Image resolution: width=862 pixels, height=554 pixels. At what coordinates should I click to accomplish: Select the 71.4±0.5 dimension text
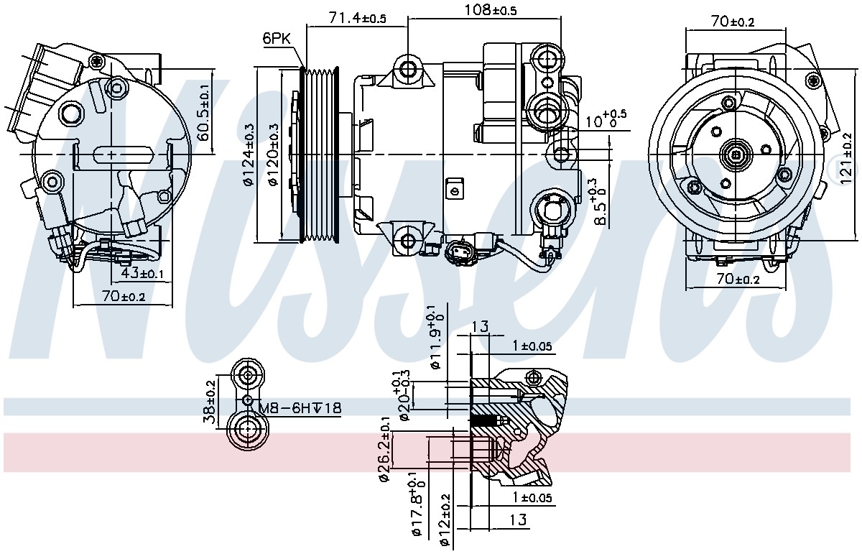point(358,18)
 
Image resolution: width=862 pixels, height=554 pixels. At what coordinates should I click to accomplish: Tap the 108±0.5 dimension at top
point(490,9)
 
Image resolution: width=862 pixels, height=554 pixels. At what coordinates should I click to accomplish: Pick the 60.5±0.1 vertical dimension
point(204,112)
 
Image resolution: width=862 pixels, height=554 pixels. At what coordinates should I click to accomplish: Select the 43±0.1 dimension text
point(142,273)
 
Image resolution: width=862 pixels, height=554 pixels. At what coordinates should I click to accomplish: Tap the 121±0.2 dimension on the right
point(846,158)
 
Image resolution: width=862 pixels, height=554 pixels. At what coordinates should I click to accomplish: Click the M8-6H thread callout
point(300,407)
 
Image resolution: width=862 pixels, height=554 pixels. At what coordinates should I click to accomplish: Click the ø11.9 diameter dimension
point(435,336)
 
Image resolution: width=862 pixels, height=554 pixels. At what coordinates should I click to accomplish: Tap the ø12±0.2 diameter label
point(445,520)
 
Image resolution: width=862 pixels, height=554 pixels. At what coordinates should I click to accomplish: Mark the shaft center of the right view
point(736,154)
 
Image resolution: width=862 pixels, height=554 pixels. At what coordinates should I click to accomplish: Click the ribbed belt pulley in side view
point(319,154)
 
